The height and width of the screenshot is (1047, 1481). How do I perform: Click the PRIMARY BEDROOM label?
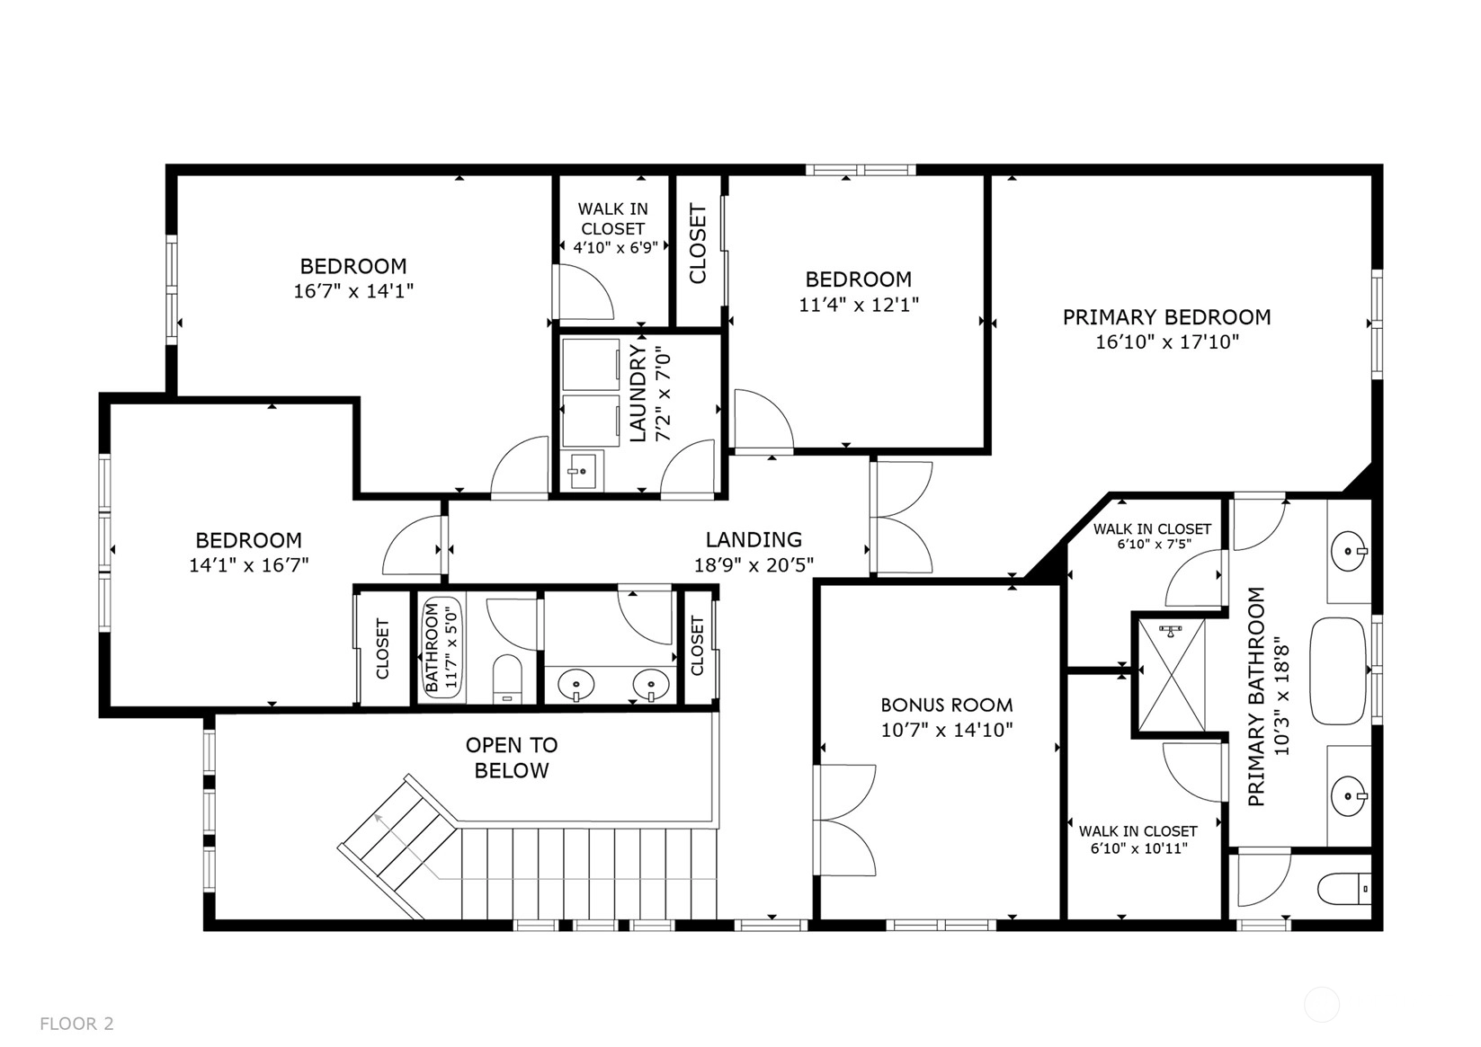pyautogui.click(x=1166, y=317)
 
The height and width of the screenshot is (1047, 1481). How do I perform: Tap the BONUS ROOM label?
pyautogui.click(x=947, y=705)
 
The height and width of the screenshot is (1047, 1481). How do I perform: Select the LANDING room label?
pyautogui.click(x=754, y=540)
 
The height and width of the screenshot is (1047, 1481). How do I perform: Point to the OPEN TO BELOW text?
pyautogui.click(x=512, y=758)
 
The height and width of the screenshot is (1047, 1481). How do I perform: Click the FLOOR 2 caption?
pyautogui.click(x=76, y=1024)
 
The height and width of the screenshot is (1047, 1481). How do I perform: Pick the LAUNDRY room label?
pyautogui.click(x=638, y=394)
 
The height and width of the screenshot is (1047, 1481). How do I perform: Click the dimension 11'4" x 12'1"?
pyautogui.click(x=859, y=305)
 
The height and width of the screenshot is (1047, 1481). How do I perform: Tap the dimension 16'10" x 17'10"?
pyautogui.click(x=1167, y=342)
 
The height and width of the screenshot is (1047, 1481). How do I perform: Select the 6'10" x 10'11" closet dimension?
pyautogui.click(x=1139, y=848)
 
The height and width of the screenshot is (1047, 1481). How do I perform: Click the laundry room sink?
pyautogui.click(x=582, y=471)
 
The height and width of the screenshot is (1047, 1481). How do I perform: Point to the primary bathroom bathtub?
pyautogui.click(x=1338, y=671)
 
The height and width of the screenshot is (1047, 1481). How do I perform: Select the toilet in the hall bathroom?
pyautogui.click(x=507, y=679)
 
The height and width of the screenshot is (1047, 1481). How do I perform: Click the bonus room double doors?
pyautogui.click(x=845, y=821)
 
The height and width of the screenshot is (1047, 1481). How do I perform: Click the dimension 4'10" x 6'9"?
pyautogui.click(x=616, y=248)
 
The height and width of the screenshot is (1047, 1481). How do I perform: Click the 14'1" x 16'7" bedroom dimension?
pyautogui.click(x=249, y=565)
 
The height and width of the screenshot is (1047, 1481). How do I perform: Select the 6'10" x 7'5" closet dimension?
pyautogui.click(x=1155, y=545)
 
